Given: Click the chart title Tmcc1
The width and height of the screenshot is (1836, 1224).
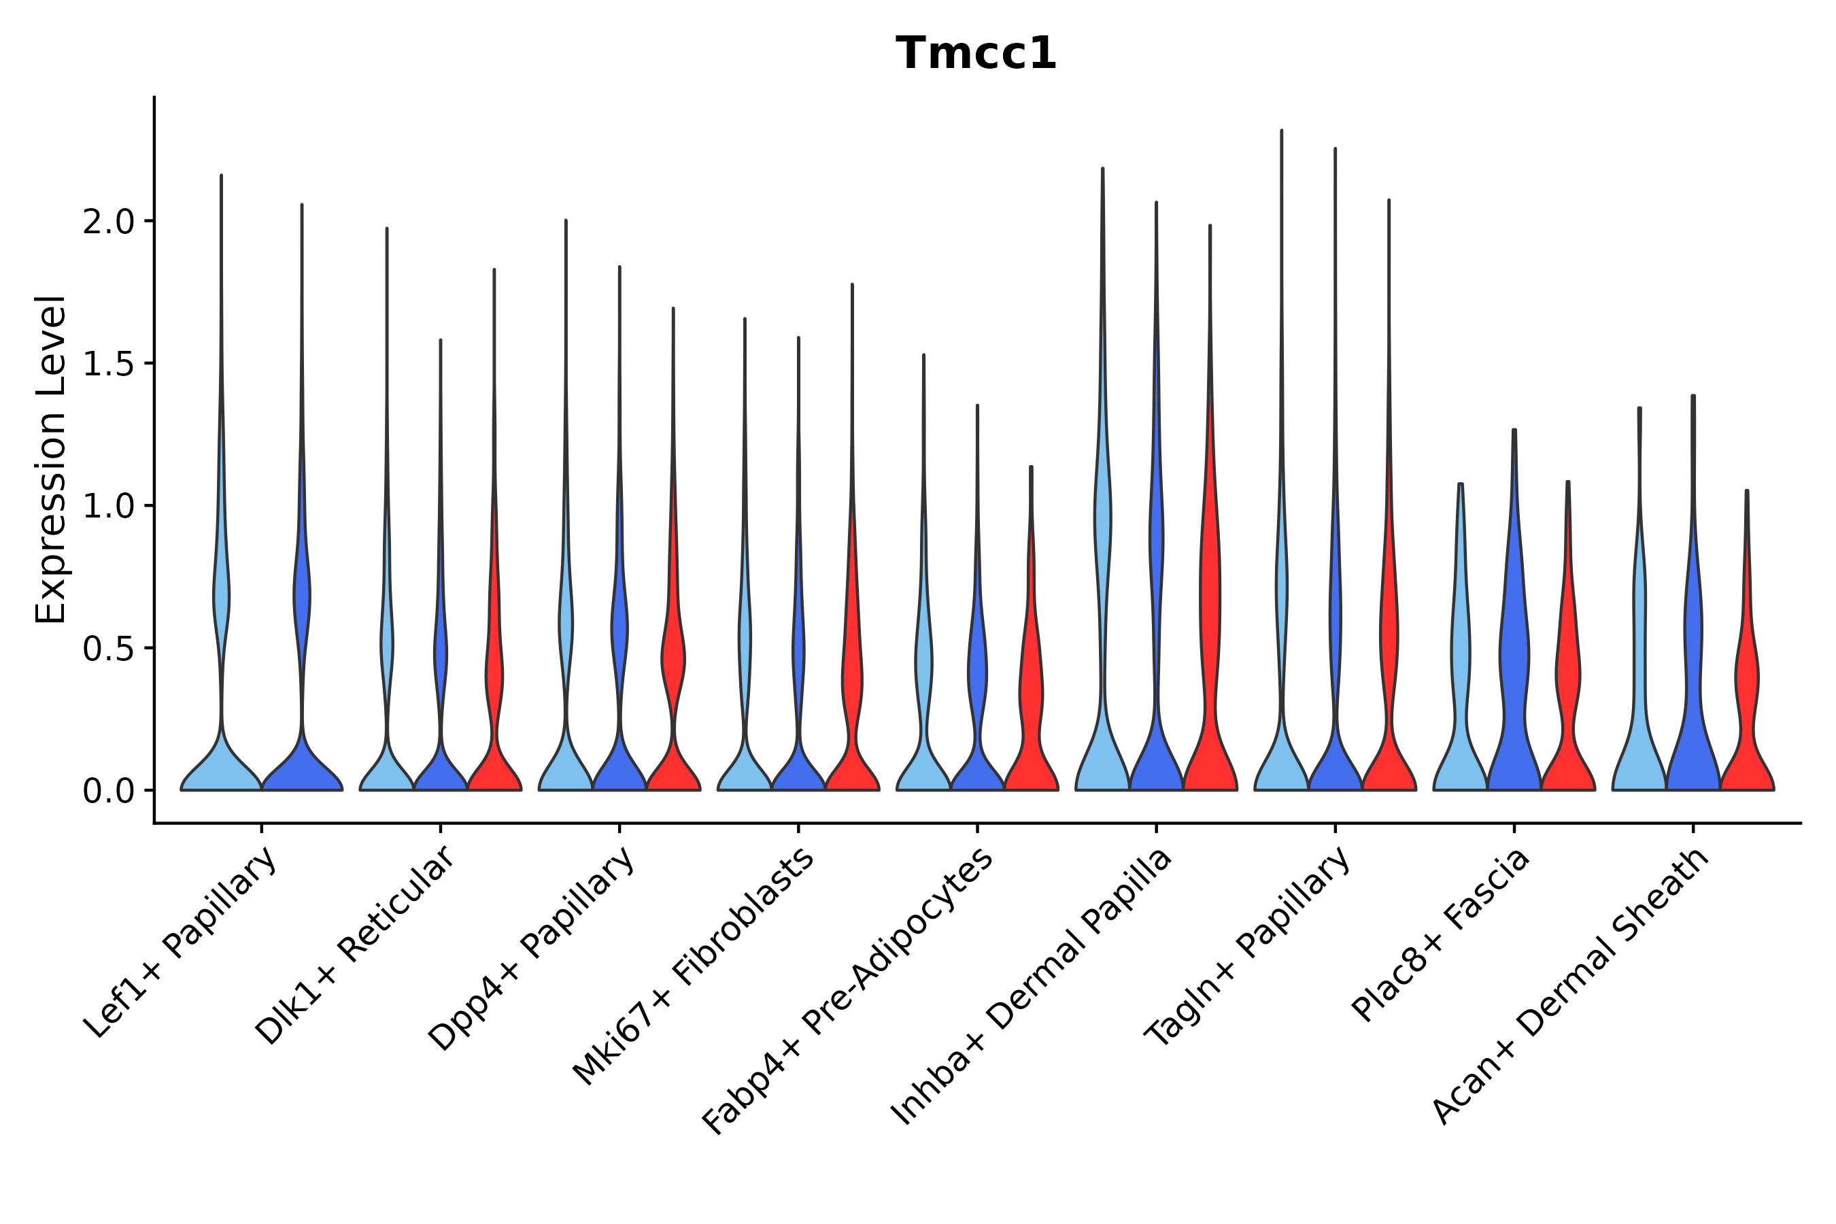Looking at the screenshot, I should click(976, 54).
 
